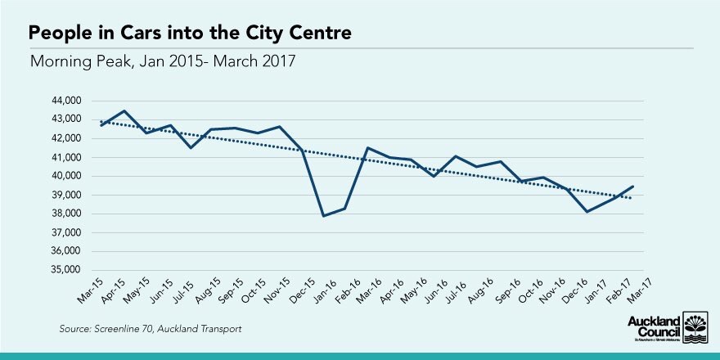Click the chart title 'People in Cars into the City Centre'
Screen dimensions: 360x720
click(x=191, y=34)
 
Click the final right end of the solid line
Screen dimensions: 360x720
click(x=632, y=187)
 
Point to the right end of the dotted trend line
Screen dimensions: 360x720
click(x=632, y=198)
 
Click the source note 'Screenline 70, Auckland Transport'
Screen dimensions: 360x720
click(x=151, y=329)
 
